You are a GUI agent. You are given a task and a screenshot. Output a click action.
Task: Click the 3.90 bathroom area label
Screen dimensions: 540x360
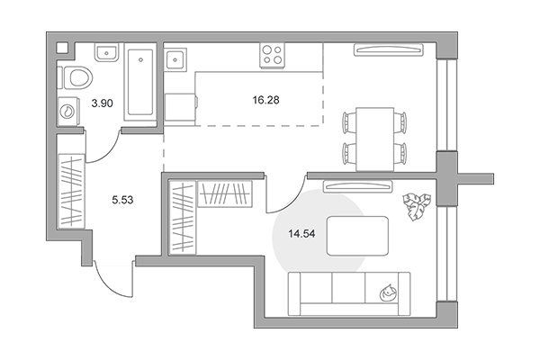point(103,103)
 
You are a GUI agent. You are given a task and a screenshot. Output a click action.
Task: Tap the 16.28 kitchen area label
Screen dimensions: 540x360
point(265,100)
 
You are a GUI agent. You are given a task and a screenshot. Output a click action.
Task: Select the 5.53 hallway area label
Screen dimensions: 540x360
point(122,200)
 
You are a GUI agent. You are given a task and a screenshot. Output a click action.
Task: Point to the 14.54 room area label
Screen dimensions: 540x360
point(301,234)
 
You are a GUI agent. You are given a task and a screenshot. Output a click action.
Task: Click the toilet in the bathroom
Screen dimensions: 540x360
point(77,77)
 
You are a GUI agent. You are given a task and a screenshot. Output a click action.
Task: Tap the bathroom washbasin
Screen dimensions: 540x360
point(107,52)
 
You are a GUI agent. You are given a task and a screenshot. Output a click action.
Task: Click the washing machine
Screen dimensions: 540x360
point(68,111)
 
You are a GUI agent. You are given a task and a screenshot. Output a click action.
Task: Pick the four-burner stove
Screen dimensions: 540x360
point(272,55)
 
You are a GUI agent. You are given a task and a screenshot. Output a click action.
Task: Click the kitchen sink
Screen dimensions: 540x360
point(175,59)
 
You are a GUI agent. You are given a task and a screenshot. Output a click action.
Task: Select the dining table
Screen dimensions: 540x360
point(375,139)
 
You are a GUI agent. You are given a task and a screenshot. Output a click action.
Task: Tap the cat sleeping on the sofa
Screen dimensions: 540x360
point(388,292)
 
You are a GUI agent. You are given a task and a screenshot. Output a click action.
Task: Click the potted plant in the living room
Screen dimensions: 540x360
point(417,206)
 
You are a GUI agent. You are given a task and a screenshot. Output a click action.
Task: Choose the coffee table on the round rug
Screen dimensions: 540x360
point(357,236)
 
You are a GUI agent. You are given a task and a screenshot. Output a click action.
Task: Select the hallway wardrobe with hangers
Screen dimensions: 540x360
point(71,191)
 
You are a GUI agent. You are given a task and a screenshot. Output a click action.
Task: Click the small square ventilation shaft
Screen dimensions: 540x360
point(62,48)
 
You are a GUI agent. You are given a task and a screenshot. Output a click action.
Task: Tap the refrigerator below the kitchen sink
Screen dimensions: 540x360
point(180,107)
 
